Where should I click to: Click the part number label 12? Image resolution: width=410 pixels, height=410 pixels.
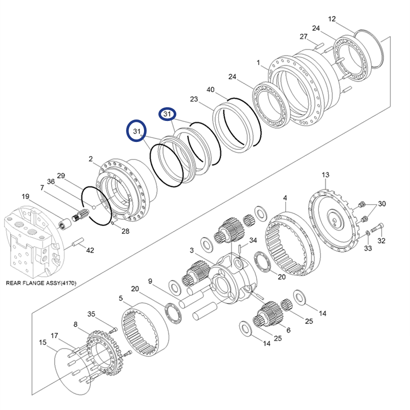tap(332, 19)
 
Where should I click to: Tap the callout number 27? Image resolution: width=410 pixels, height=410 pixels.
tap(303, 36)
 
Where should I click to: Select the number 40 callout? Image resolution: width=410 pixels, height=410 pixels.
tap(211, 90)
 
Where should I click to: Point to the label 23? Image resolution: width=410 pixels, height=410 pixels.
tap(194, 99)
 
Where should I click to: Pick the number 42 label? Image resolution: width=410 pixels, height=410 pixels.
tap(90, 250)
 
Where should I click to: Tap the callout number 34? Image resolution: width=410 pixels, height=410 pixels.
tap(253, 240)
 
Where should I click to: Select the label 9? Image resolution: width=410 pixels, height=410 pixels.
tap(150, 281)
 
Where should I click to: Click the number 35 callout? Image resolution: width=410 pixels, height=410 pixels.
tap(91, 314)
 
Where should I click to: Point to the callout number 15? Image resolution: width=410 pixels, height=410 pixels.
tap(43, 342)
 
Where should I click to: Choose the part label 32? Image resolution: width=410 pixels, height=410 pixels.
tap(381, 240)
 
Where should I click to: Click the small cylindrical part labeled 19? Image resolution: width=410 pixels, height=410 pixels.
tap(65, 224)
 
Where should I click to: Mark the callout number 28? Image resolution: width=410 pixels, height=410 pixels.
tap(125, 231)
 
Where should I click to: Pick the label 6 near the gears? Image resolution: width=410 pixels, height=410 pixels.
tap(288, 330)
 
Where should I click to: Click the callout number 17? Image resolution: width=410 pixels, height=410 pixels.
tap(54, 336)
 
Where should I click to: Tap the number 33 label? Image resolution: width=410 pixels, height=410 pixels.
tap(368, 249)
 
